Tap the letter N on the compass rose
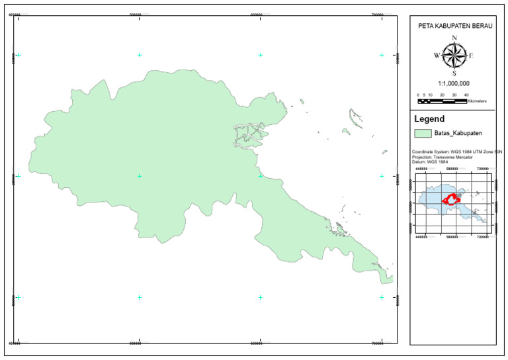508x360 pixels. pos(454,38)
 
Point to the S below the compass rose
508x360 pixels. pos(454,73)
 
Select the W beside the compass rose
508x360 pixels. pos(437,56)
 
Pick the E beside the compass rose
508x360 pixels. pos(471,56)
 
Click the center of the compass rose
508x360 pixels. pos(454,56)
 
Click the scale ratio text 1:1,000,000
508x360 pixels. pos(454,84)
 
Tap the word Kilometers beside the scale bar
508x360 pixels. pos(477,101)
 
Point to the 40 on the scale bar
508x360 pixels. pos(466,95)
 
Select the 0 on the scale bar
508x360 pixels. pos(418,95)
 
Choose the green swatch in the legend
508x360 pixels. pos(423,134)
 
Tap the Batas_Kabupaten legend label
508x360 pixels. pos(457,134)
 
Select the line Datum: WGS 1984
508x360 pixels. pos(431,162)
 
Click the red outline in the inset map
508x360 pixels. pos(452,198)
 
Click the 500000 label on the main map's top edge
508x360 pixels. pos(139,14)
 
